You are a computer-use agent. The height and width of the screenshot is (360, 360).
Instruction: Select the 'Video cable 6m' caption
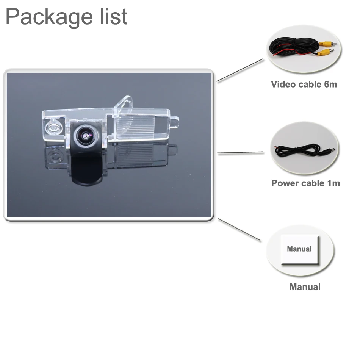[304, 84]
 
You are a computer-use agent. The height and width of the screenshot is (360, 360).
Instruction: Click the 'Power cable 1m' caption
[305, 183]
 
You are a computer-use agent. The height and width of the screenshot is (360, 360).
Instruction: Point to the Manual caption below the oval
[305, 287]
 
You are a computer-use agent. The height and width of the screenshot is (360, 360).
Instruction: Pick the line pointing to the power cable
[240, 153]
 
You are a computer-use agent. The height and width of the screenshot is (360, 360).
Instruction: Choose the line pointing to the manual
[239, 229]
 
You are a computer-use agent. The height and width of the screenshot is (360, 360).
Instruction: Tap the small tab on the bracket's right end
[174, 121]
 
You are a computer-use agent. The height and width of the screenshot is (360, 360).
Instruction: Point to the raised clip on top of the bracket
[125, 103]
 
